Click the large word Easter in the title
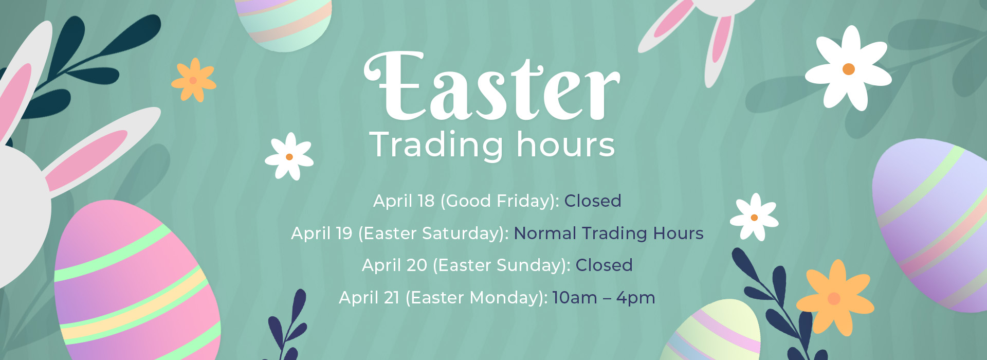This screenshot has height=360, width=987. coord(492,86)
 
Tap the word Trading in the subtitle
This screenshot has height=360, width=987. coord(436,146)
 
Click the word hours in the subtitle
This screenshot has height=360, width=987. coord(565,144)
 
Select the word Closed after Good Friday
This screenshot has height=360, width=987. coord(593,201)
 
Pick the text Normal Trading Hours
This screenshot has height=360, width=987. coord(609,233)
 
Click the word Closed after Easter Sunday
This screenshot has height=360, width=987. coord(604,265)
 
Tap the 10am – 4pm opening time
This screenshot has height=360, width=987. coord(604,298)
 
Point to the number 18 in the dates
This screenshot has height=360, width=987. coord(426,201)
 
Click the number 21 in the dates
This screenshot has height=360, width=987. coord(391,298)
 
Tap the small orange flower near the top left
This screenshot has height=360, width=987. coord(194,80)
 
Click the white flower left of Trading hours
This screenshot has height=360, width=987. coord(289,156)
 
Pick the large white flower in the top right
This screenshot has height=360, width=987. coord(848,68)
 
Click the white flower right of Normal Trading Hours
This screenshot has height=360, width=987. coord(754,217)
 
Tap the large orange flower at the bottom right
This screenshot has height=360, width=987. coord(835,298)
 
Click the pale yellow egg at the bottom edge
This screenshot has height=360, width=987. coord(712,332)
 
